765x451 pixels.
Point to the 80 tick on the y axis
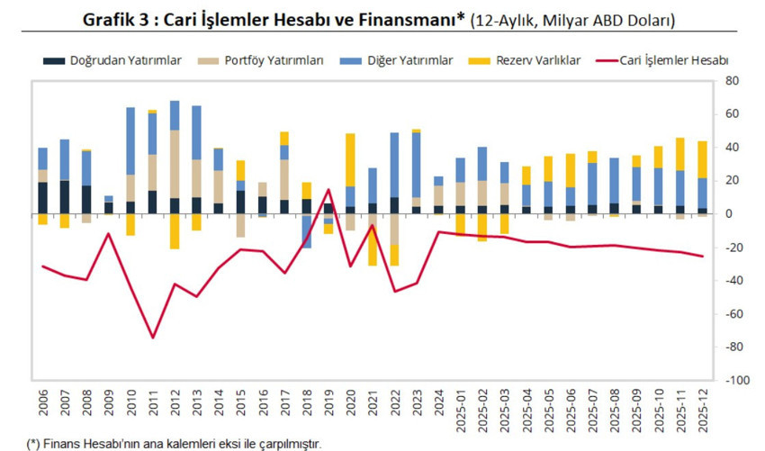(732, 81)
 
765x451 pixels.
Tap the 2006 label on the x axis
(43, 403)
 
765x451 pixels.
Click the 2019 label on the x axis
(328, 403)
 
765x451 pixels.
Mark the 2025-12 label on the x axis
(702, 409)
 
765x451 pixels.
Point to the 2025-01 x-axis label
(461, 409)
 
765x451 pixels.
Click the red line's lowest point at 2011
(153, 338)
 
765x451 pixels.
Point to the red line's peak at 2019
(328, 189)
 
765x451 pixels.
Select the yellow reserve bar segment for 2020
(350, 159)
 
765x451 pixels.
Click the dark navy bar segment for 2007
(65, 197)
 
